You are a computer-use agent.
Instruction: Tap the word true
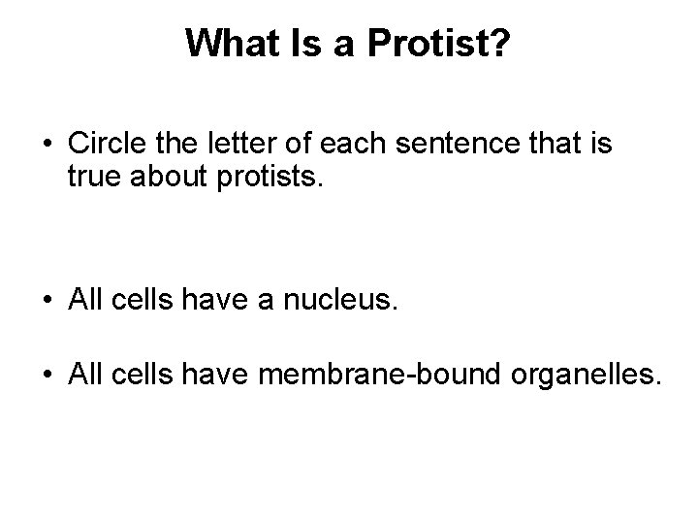click(x=95, y=178)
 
